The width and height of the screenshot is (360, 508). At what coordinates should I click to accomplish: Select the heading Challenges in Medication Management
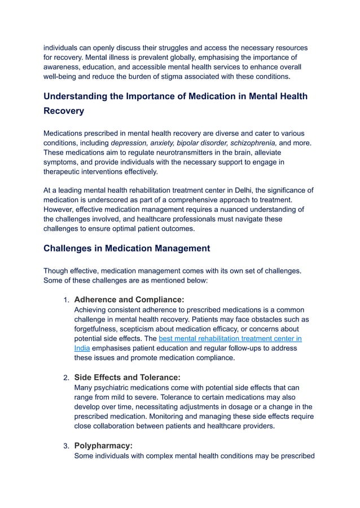127,248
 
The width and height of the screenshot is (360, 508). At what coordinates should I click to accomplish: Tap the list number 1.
65,300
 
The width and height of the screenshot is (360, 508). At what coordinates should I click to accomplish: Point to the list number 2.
65,378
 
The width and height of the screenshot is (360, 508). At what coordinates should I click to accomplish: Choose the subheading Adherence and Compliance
129,299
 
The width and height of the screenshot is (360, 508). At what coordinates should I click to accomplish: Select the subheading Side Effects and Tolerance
128,377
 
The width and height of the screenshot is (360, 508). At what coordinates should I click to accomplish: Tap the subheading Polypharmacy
103,445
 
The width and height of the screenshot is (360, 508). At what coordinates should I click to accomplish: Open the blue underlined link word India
82,348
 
